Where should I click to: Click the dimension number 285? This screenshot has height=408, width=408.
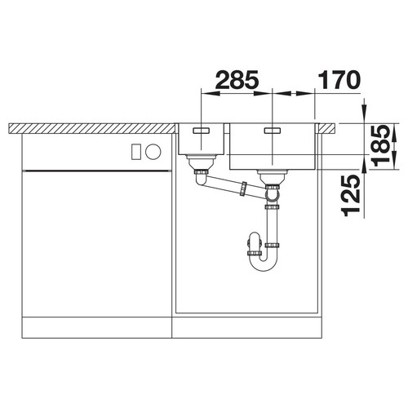(x=237, y=80)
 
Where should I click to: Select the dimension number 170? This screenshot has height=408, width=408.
(x=339, y=80)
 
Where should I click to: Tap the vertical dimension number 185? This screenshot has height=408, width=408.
(x=382, y=146)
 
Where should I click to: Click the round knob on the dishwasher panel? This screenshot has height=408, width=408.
(x=153, y=152)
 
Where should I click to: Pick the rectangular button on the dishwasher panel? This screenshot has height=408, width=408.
(x=136, y=152)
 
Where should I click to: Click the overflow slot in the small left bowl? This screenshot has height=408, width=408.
(x=201, y=131)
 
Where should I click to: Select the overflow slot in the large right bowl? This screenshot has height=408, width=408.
(x=273, y=131)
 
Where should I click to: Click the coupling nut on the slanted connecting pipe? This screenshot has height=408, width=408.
(x=243, y=188)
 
